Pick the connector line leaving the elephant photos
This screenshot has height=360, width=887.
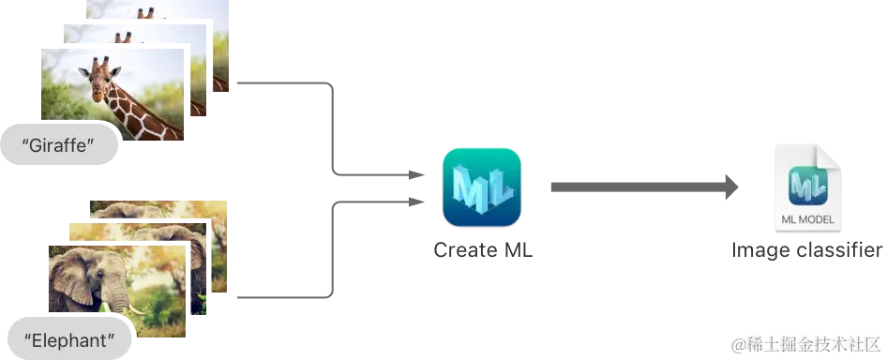tap(281, 296)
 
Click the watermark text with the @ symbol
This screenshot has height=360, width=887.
tap(806, 344)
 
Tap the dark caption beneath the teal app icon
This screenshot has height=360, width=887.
tap(481, 250)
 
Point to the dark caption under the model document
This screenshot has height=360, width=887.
tap(805, 250)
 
